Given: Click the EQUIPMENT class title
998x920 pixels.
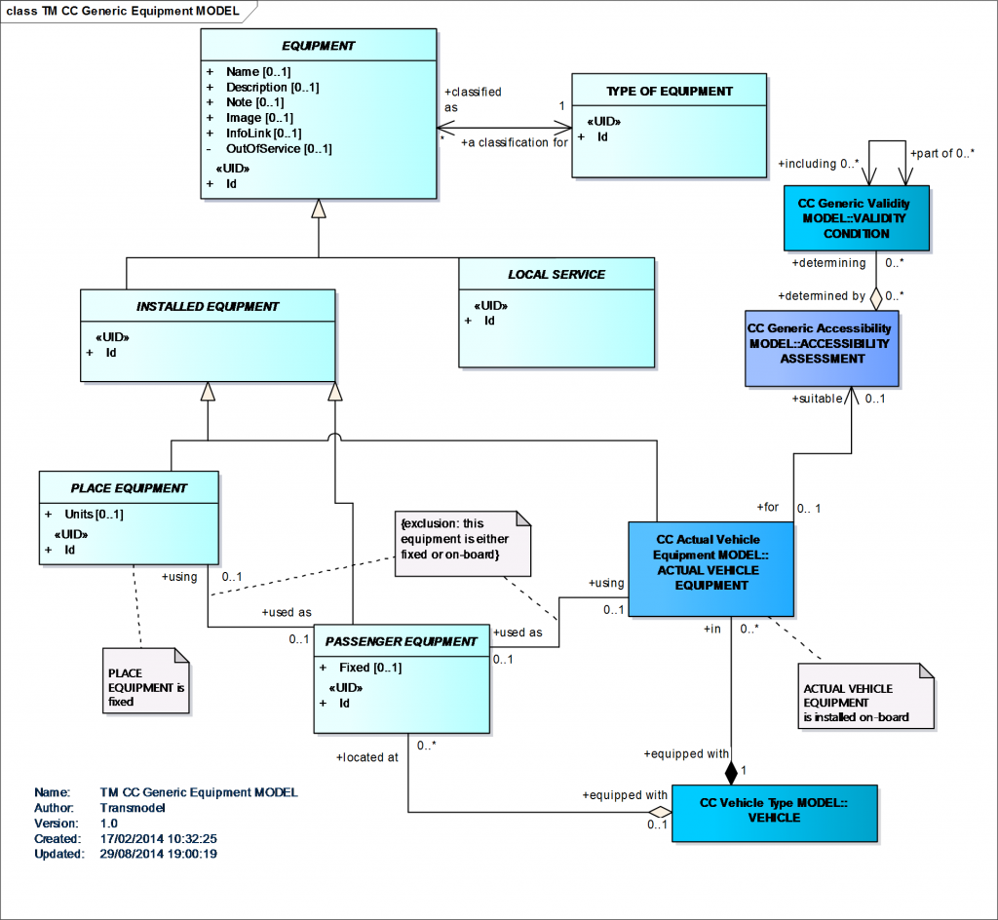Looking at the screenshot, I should click(x=319, y=46).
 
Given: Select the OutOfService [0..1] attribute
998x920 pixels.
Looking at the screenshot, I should click(x=279, y=149).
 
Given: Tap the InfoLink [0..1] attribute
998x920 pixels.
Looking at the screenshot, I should click(x=263, y=134).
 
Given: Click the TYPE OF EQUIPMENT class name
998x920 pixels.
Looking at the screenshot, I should click(x=669, y=92).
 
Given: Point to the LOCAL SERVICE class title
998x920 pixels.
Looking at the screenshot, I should click(x=556, y=275).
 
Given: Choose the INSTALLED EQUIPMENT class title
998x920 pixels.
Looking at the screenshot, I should click(x=208, y=306).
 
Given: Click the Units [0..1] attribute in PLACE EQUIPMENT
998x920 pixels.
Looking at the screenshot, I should click(x=94, y=515).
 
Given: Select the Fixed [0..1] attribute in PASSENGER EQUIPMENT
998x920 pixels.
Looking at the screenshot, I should click(x=368, y=668).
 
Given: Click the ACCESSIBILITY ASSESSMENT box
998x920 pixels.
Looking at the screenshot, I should click(x=819, y=344).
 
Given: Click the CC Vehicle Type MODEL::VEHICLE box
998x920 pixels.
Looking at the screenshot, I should click(x=774, y=811).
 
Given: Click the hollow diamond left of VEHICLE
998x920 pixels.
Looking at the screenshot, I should click(x=662, y=811).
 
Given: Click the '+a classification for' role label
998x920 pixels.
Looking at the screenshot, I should click(x=514, y=142).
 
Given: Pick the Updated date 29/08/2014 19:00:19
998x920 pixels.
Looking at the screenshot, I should click(x=158, y=854).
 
